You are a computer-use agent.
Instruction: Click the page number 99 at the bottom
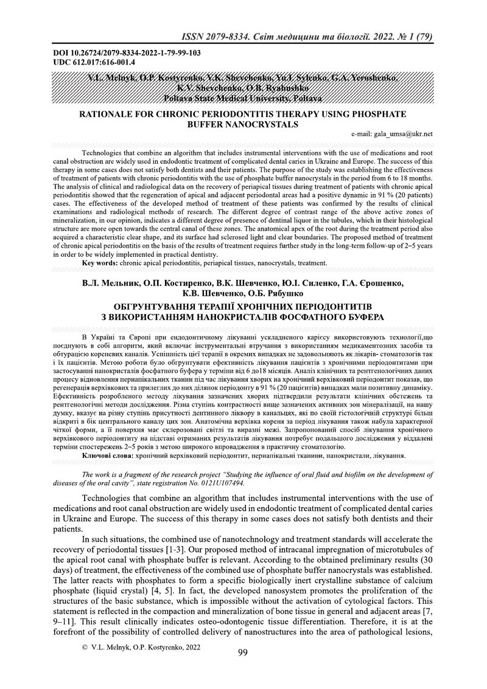[242, 670]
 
